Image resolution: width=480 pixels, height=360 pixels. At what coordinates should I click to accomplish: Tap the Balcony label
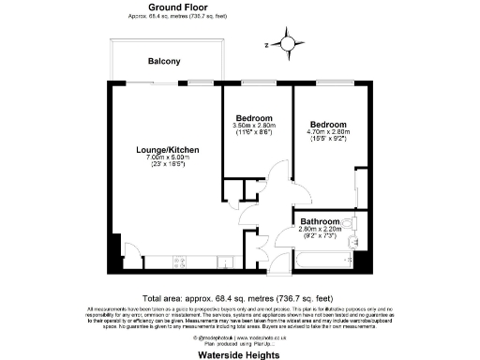164,62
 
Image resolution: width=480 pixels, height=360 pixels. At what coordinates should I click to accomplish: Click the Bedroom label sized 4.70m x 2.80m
328,125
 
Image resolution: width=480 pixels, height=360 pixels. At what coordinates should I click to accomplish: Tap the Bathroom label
321,222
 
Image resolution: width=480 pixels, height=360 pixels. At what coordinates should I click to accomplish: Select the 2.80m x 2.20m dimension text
322,231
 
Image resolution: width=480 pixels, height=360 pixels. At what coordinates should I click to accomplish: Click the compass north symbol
280,43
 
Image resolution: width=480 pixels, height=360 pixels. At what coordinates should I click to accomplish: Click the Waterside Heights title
239,355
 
